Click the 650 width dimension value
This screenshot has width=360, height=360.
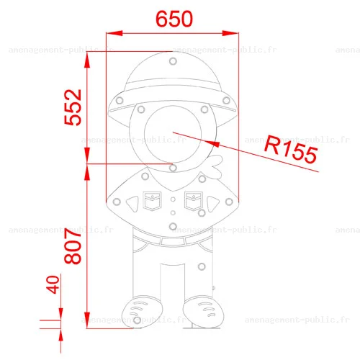pos(174,19)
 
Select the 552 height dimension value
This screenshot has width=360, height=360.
pos(73,107)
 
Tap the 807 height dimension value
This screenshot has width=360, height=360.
pos(73,246)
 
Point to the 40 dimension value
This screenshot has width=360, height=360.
pos(53,284)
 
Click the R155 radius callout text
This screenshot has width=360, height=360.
pos(291,149)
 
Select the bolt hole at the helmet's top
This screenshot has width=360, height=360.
pos(173,61)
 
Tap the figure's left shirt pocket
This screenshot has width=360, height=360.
pos(152,201)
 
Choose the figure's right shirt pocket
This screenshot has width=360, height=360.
pos(194,201)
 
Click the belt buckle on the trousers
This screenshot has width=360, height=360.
pos(173,241)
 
